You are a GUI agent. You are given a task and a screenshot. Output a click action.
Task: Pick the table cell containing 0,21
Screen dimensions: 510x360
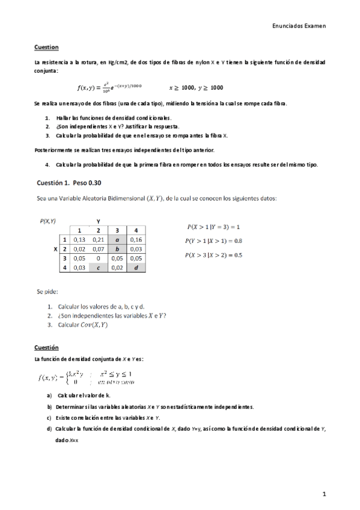click(x=98, y=239)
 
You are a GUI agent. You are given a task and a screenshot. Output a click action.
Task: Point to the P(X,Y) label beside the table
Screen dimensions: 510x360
click(x=47, y=221)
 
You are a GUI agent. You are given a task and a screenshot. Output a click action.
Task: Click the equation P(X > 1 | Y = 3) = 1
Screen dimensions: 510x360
click(x=213, y=227)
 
